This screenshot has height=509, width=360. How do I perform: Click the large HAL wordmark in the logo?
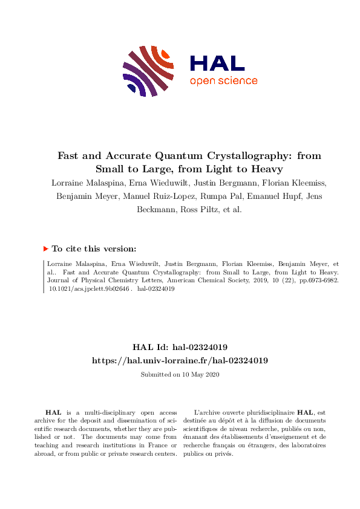(217, 63)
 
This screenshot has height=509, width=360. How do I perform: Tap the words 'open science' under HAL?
(223, 81)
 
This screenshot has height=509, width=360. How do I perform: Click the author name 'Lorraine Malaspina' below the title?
(85, 183)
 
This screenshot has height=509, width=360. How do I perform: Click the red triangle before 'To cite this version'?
(46, 248)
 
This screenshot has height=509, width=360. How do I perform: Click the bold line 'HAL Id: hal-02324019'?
(180, 347)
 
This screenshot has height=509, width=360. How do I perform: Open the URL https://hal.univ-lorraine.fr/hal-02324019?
(180, 360)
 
